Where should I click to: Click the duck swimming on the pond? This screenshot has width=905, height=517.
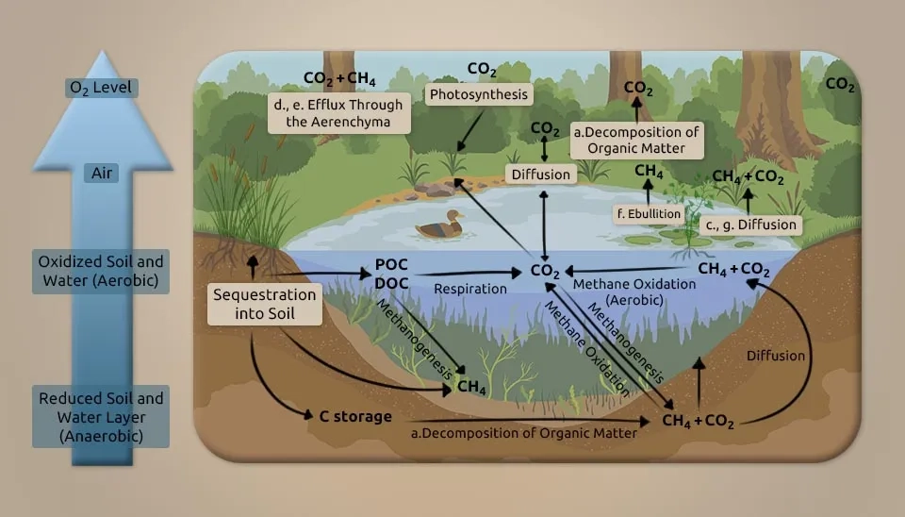pos(440,225)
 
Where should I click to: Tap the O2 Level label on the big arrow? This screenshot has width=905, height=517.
pos(101,88)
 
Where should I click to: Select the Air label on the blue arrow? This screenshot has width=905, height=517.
pos(102,173)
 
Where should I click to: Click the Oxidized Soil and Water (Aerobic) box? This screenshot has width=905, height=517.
pos(101,271)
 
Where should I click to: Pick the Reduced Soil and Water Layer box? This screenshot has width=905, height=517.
pos(101,416)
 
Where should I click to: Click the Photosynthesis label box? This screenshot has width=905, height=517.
pos(479,94)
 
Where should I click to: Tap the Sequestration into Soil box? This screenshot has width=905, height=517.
pos(264,304)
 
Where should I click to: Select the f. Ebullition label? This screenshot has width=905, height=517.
pos(649,214)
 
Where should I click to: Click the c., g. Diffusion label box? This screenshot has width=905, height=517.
pos(751,225)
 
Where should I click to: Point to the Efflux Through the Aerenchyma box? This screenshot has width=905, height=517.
pos(338,113)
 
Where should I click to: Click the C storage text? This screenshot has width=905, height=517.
pos(355,416)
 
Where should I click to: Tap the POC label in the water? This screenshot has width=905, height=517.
pos(391,264)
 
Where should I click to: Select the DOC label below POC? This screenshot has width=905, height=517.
pos(391,283)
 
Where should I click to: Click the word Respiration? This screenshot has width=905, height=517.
pos(470,289)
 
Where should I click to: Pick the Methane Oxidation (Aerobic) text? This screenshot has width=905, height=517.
pos(634,292)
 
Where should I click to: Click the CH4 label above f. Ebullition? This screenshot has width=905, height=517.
pos(649,172)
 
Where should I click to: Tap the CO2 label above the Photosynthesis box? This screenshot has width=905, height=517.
pos(482,70)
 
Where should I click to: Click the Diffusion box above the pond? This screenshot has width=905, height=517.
pos(541,174)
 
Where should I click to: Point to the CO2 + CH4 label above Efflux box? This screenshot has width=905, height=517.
pos(339,78)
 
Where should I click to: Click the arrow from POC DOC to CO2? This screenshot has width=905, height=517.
pos(469,273)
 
